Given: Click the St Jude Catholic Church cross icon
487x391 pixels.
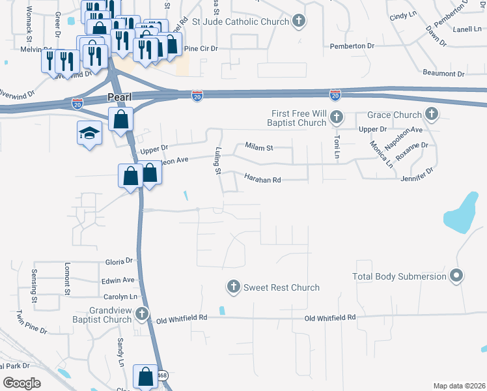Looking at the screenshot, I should (299, 22).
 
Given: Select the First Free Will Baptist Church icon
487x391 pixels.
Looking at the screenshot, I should (336, 118).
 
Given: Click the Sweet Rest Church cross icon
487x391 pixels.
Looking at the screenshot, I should (234, 287).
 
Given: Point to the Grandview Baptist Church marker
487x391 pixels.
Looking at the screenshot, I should (141, 315).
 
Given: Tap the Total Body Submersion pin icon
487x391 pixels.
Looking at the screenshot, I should (456, 276).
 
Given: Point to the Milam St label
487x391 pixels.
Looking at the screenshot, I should (259, 148).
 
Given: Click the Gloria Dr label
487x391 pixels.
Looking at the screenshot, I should (119, 261).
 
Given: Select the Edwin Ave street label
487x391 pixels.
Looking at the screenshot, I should (118, 280).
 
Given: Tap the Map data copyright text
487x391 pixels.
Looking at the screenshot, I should (459, 386).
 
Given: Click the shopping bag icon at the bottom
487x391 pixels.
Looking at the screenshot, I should (145, 376).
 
